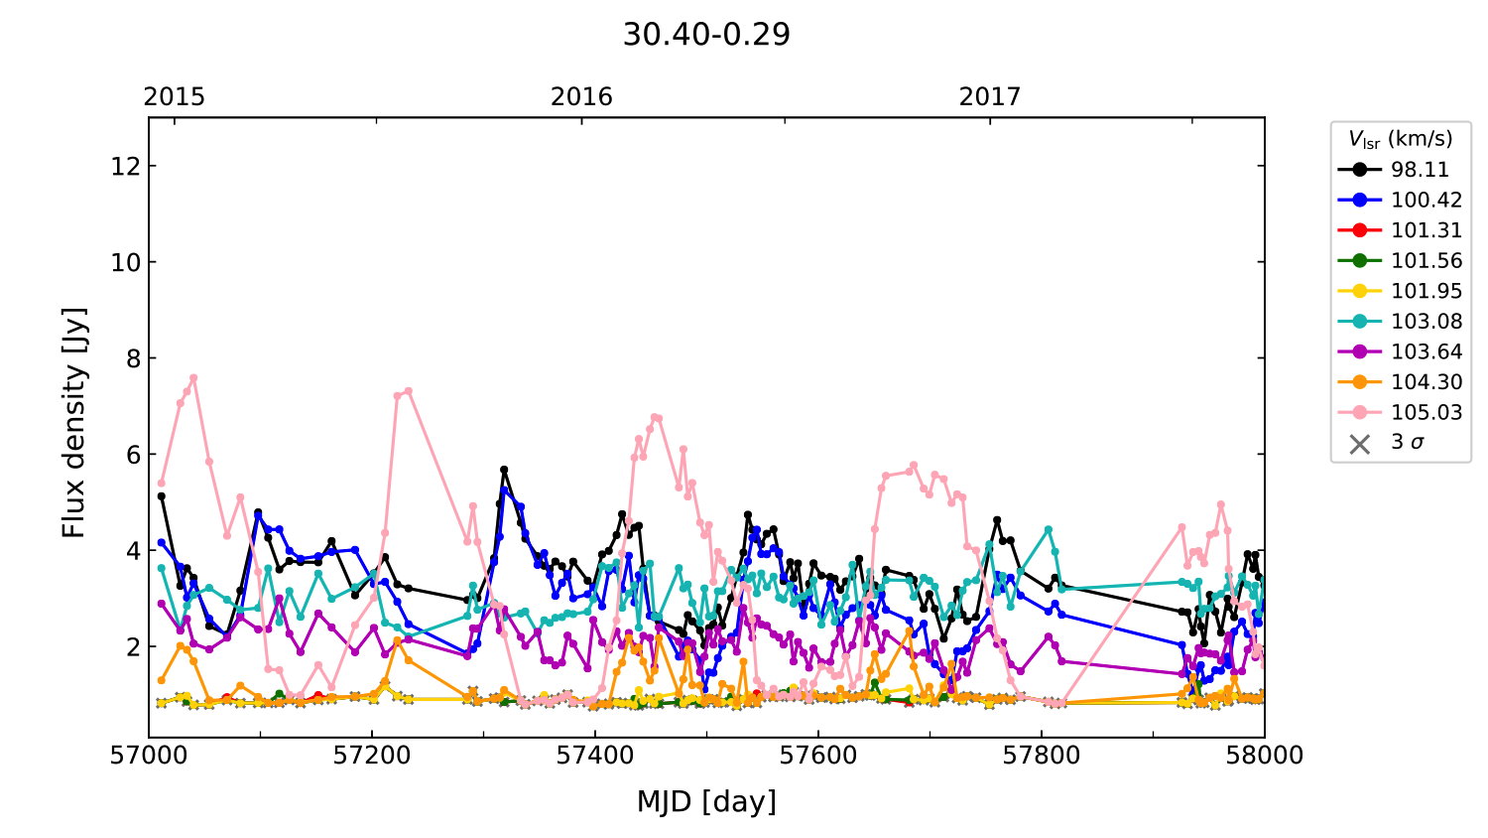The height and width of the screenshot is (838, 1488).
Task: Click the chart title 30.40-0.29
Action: tap(706, 35)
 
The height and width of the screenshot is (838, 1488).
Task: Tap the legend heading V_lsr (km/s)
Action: tap(1400, 139)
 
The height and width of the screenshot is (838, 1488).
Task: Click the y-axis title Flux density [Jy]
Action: tap(74, 423)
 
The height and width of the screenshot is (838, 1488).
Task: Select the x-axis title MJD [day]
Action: tap(706, 801)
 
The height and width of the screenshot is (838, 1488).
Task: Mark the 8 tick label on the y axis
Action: tap(129, 358)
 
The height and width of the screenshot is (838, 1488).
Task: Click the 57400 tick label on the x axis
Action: tap(595, 756)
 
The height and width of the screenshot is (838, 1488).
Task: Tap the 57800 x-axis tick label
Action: tap(1042, 756)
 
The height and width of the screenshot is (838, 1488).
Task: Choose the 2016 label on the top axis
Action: tap(581, 96)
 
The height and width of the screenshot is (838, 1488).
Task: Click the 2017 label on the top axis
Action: tap(989, 96)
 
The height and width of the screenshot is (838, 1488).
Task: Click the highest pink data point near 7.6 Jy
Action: tap(193, 377)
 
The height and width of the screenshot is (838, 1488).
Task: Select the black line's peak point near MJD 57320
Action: tap(504, 469)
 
